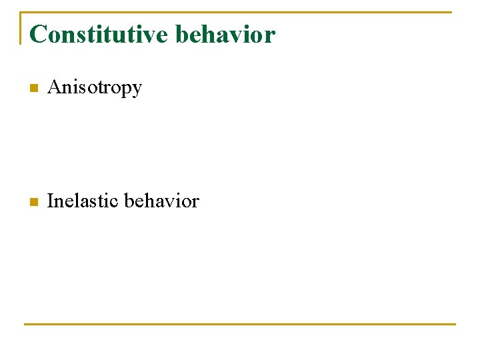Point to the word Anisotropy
click(95, 88)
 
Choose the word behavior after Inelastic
click(162, 201)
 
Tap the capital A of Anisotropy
click(55, 87)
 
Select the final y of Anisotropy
click(137, 90)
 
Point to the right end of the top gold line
click(451, 12)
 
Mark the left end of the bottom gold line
click(25, 324)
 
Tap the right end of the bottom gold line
click(455, 324)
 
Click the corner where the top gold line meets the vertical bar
click(21, 12)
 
